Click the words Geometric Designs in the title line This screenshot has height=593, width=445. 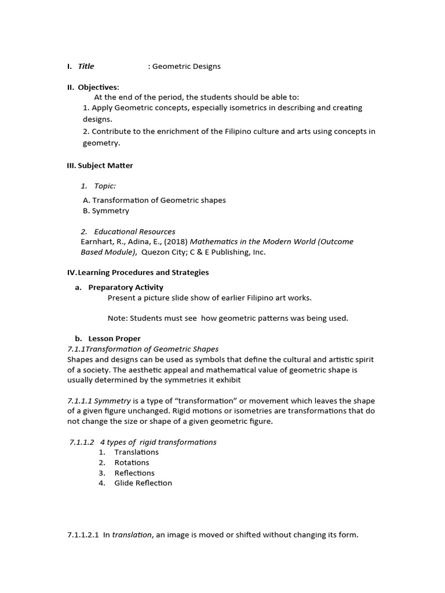coord(186,66)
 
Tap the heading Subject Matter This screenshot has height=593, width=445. coord(105,166)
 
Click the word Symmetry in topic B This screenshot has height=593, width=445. coord(110,211)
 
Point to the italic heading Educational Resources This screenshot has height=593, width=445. coord(134,232)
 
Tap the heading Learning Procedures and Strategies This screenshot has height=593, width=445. coord(143,272)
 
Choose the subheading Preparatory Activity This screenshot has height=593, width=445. coord(126,287)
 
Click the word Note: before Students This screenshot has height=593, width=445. coord(118,318)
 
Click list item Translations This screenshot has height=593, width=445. coord(136,452)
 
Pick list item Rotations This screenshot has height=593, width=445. coord(132,463)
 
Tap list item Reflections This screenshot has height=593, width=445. coord(134,473)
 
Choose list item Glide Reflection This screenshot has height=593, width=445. coord(143,483)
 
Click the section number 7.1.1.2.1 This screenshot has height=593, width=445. coord(83,535)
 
